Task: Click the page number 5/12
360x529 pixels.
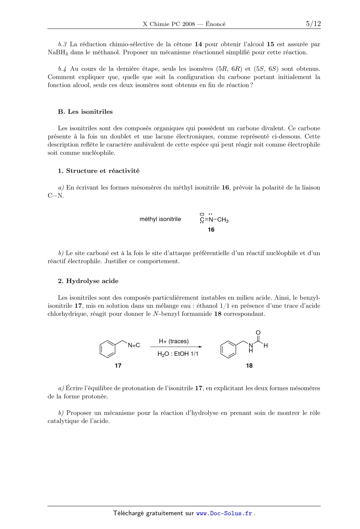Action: click(313, 24)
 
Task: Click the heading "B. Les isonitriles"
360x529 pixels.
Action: click(85, 112)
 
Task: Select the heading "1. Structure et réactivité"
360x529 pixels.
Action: click(98, 171)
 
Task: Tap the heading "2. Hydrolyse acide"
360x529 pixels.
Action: click(88, 281)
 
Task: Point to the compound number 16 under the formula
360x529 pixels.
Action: click(211, 230)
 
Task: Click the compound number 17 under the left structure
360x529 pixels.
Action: click(118, 366)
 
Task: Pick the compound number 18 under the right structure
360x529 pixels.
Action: click(249, 366)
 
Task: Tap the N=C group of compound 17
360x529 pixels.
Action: click(134, 345)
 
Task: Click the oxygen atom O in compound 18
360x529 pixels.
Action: click(258, 333)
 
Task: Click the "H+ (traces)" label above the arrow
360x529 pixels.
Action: click(174, 341)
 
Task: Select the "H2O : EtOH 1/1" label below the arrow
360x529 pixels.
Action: click(178, 354)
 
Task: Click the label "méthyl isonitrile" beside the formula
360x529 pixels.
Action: click(160, 219)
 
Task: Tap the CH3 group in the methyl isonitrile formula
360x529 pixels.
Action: click(223, 220)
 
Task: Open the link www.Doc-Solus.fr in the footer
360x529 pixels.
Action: click(224, 514)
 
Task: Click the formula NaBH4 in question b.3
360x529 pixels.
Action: click(58, 52)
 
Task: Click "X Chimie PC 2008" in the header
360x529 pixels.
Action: click(169, 24)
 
